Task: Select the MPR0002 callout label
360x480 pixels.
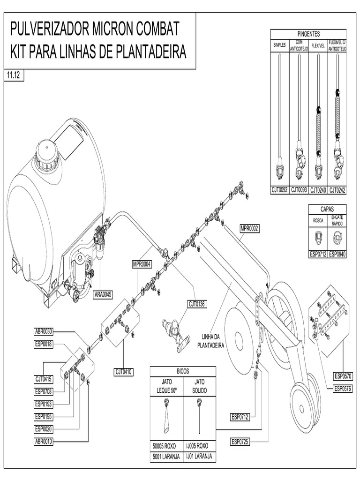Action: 249,228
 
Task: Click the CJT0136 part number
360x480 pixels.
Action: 197,304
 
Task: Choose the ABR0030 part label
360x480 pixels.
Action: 44,331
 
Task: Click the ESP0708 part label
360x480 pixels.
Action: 44,391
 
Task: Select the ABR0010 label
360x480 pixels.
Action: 44,441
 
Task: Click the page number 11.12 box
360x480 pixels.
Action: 14,75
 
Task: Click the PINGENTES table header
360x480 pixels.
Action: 308,34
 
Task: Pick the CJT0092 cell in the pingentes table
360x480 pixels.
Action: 280,190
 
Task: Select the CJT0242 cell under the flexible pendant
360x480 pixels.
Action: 337,190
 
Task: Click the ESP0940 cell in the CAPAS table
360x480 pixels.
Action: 337,255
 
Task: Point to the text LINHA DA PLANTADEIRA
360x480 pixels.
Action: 212,341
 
